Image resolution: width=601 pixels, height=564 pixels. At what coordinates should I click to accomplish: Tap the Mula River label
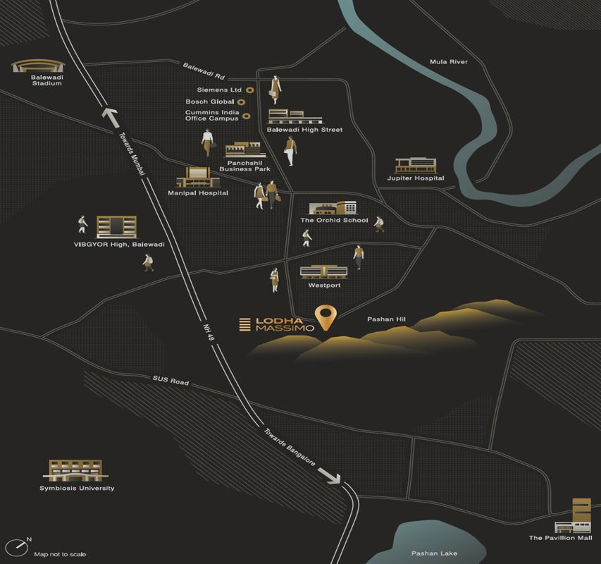pyautogui.click(x=448, y=62)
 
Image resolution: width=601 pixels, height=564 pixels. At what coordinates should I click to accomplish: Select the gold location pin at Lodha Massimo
pyautogui.click(x=325, y=318)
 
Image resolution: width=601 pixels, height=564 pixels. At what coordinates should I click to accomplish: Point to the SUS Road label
pyautogui.click(x=171, y=381)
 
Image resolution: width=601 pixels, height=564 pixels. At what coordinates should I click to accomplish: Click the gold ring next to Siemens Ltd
pyautogui.click(x=249, y=90)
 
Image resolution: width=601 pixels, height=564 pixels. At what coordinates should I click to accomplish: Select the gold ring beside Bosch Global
pyautogui.click(x=242, y=102)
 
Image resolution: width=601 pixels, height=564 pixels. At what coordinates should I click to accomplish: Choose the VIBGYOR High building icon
pyautogui.click(x=116, y=227)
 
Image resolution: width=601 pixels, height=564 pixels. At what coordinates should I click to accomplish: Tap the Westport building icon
pyautogui.click(x=324, y=271)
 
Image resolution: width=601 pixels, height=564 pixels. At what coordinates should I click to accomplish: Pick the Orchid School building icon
pyautogui.click(x=333, y=208)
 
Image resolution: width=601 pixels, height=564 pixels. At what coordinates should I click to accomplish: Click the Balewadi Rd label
pyautogui.click(x=204, y=71)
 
